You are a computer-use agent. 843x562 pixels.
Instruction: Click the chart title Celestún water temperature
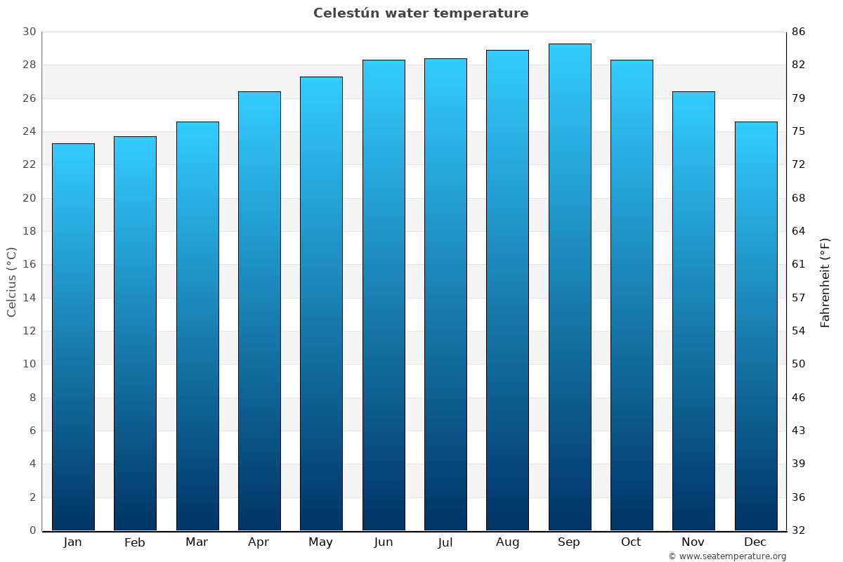coord(421,13)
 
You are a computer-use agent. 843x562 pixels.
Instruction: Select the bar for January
coord(73,337)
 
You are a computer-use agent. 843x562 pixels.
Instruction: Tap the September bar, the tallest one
coord(570,287)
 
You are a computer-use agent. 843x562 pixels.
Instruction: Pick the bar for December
coord(756,326)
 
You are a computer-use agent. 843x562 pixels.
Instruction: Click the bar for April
coord(259,311)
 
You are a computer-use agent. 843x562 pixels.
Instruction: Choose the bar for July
coord(445,294)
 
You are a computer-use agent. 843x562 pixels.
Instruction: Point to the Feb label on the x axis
coord(135,542)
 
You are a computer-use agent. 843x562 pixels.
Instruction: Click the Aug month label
coord(507,542)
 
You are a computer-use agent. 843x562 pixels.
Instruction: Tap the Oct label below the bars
coord(631,542)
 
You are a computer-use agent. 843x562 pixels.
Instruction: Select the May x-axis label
coord(321,542)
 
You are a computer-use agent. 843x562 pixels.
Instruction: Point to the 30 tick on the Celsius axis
coord(29,32)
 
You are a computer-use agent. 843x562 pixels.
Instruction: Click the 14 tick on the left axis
coord(29,298)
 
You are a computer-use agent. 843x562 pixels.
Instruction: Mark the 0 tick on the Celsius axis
coord(32,530)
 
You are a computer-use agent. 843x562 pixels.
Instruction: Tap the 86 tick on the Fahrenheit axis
coord(799,32)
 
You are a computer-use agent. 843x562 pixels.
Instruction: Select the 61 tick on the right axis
coord(799,264)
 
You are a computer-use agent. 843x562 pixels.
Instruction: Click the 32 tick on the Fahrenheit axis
coord(799,530)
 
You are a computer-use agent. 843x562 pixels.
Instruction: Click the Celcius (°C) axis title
coord(11,281)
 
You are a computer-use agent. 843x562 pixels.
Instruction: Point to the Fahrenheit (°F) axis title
coord(825,282)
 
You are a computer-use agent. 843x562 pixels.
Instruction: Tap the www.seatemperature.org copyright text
coord(727,556)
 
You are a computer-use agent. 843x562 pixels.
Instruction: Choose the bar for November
coord(693,311)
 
